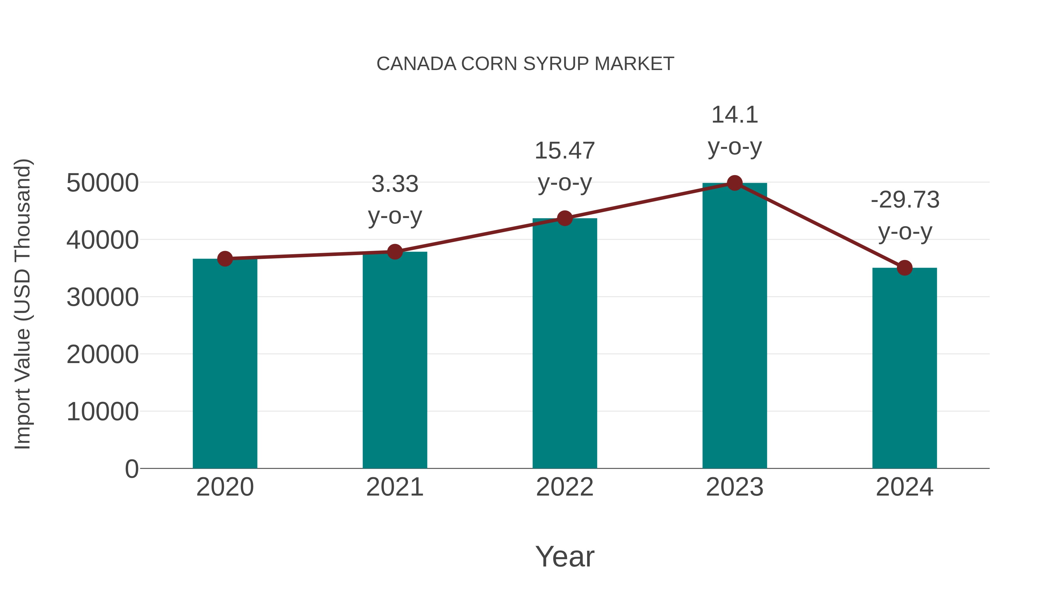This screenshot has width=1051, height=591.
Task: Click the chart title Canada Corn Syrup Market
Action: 525,64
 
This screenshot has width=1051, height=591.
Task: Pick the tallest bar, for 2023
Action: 735,326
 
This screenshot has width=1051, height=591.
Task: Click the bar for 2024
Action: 904,367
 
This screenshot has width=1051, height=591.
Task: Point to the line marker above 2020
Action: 225,259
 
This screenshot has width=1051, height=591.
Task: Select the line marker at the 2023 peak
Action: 735,183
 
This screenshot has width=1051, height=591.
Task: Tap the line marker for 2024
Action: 904,268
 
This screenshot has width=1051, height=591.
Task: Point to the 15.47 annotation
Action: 565,151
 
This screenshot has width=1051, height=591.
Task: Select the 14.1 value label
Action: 735,115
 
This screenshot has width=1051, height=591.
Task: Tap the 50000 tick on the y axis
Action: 102,183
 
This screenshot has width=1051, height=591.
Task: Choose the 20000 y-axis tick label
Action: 102,354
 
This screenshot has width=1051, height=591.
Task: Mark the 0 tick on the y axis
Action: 131,469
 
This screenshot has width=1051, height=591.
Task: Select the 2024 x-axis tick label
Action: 904,487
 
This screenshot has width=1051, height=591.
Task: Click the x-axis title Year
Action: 565,556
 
